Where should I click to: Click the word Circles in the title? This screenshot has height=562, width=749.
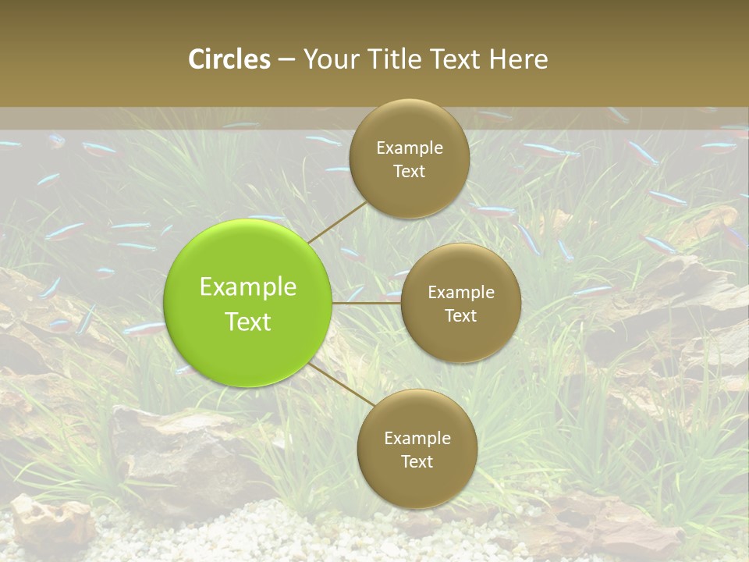coord(229,59)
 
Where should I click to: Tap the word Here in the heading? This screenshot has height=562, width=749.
coord(519,59)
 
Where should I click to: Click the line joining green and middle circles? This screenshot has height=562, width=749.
coord(367,302)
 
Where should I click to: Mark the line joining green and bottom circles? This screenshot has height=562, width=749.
coord(339,382)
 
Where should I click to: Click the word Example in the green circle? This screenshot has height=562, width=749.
coord(248,287)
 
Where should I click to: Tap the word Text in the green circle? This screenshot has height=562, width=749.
coord(248,322)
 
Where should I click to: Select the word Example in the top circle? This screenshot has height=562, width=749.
coord(410,148)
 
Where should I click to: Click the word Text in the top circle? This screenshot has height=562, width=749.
coord(410,172)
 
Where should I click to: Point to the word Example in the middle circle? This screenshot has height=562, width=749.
coord(461,293)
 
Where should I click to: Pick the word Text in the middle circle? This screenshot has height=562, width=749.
coord(461,316)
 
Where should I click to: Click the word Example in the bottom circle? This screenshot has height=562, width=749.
coord(417,439)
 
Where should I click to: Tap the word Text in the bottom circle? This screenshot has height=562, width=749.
coord(417,462)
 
